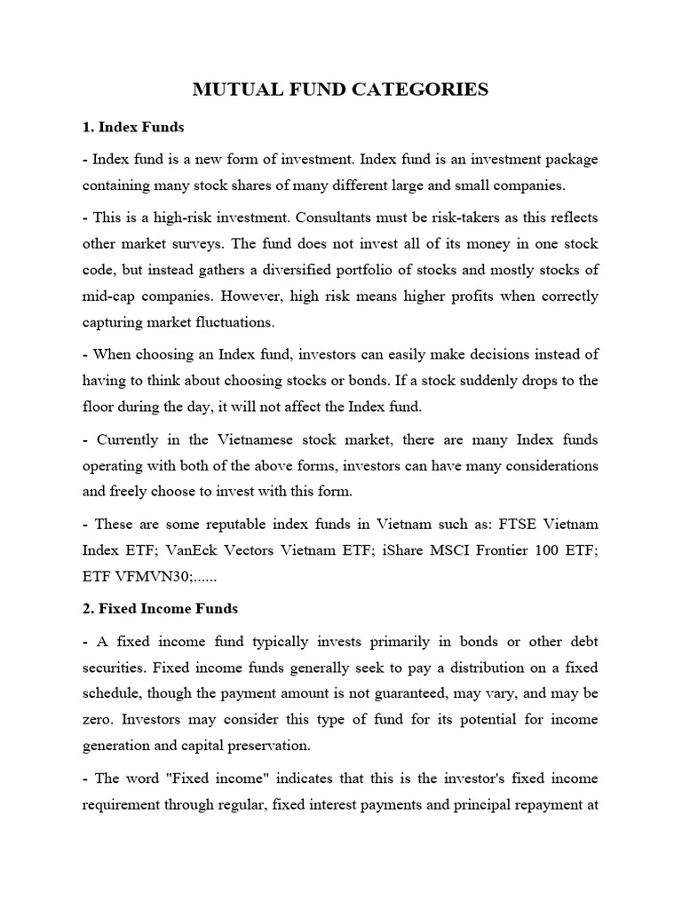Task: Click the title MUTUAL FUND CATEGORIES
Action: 341,89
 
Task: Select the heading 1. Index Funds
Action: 133,127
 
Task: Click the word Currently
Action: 132,439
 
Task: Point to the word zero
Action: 99,719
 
